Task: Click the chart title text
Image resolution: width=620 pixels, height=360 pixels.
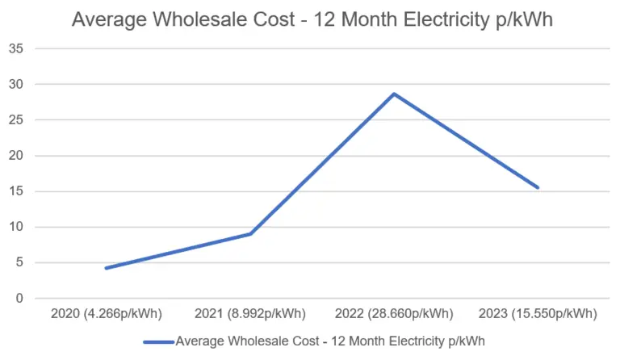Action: tap(312, 19)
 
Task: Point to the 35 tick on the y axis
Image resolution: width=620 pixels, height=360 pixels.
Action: tap(16, 48)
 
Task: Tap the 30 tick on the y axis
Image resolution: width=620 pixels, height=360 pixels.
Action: tap(16, 84)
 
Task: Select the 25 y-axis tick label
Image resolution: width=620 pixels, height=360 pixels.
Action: tap(16, 119)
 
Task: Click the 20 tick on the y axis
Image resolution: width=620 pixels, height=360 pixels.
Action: tap(16, 156)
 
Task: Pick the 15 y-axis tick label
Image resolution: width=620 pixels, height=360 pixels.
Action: tap(16, 191)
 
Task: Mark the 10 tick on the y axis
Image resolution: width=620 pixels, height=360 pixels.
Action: tap(16, 227)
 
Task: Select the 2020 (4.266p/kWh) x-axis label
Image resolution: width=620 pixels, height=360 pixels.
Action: tap(106, 313)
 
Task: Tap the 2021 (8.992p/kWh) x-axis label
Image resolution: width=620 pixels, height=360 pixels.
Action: tap(250, 313)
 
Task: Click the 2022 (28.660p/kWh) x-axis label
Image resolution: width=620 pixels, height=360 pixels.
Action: tap(394, 313)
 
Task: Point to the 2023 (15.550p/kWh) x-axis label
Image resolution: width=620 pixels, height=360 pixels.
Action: tap(538, 313)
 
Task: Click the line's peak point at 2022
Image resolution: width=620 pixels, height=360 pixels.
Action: tap(394, 94)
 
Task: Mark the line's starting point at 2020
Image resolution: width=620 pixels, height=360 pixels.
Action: tap(106, 268)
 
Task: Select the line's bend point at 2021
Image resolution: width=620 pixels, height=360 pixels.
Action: tap(250, 234)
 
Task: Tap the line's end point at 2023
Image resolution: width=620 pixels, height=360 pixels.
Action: tap(538, 187)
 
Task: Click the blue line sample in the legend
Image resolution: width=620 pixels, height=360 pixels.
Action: tap(158, 341)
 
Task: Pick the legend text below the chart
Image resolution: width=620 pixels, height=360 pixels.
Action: tap(330, 341)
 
